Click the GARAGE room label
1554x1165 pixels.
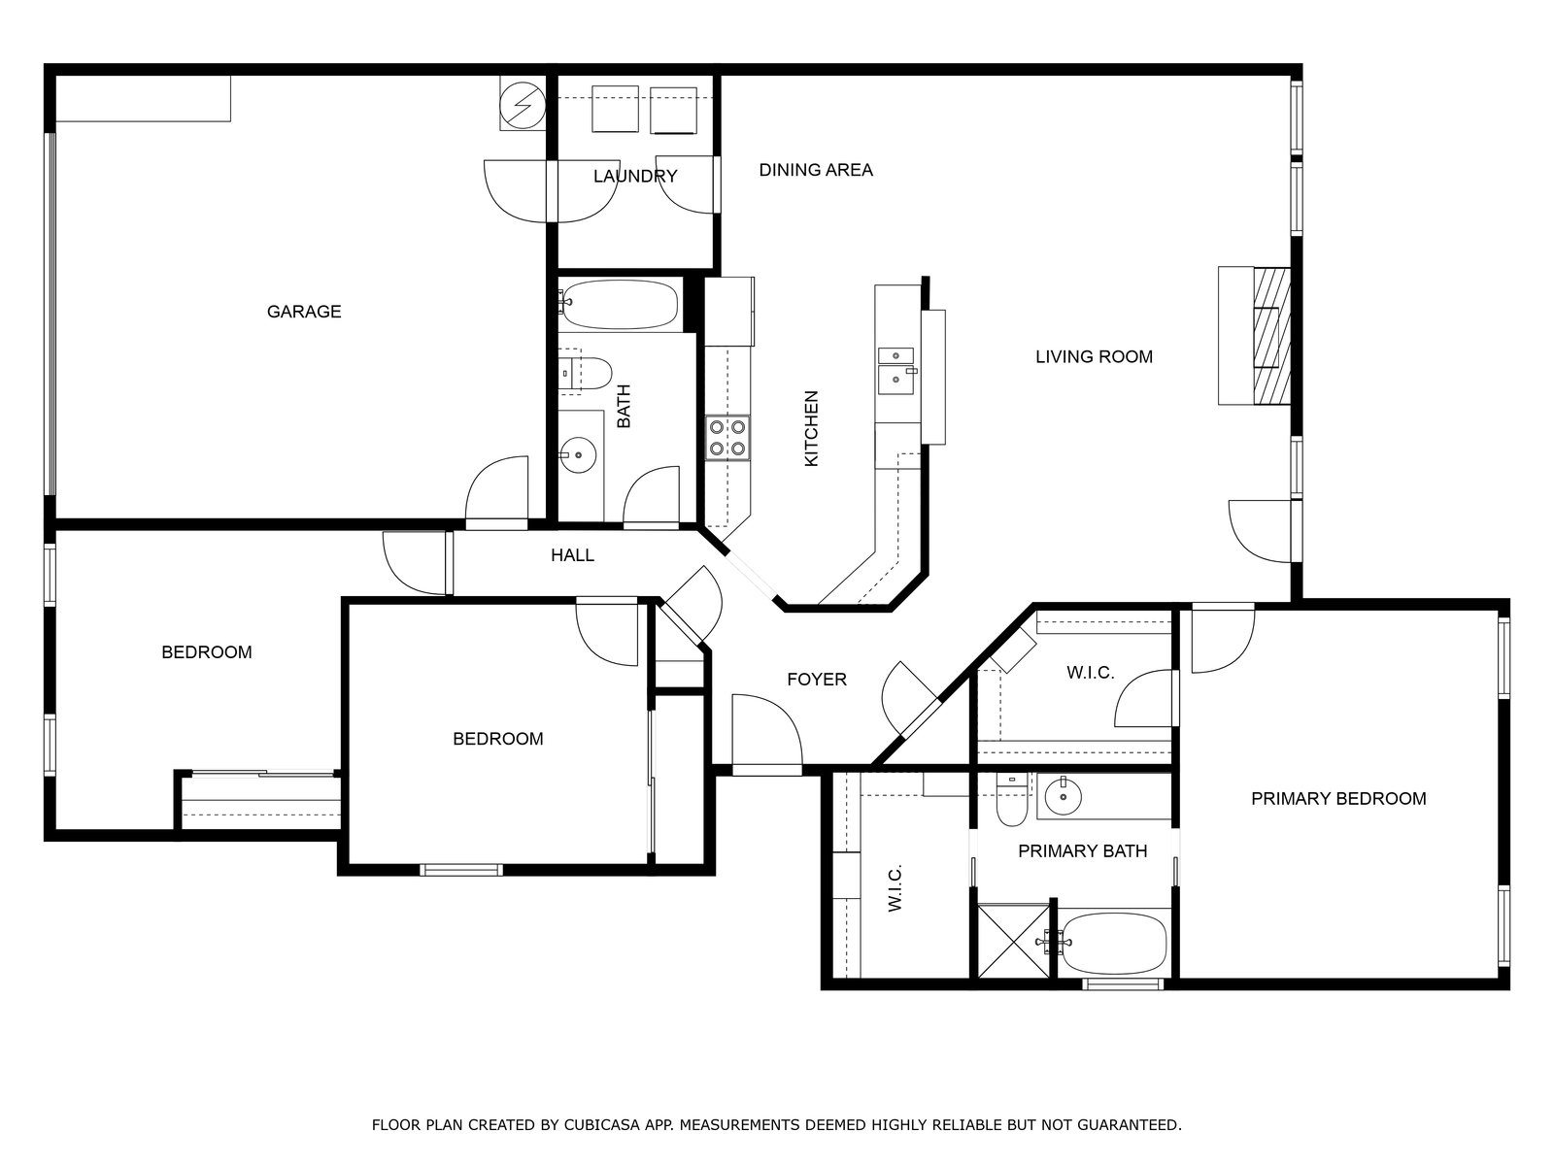tap(304, 312)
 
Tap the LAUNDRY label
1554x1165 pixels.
tap(635, 176)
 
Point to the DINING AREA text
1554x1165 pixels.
tap(816, 170)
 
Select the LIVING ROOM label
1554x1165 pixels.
tap(1094, 356)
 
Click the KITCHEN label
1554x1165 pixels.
tap(811, 429)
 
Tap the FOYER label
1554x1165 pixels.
tap(817, 679)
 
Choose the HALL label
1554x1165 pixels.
tap(572, 555)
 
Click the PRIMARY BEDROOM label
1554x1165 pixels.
tap(1338, 799)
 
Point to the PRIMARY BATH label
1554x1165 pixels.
tap(1083, 851)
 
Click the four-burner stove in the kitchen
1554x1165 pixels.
tap(727, 438)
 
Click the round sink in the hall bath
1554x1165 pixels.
tap(578, 454)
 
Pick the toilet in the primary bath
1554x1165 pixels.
tap(1012, 800)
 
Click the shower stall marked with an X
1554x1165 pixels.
tap(1014, 941)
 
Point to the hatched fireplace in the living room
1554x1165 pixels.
tap(1271, 336)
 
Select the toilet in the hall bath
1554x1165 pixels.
tap(587, 374)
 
